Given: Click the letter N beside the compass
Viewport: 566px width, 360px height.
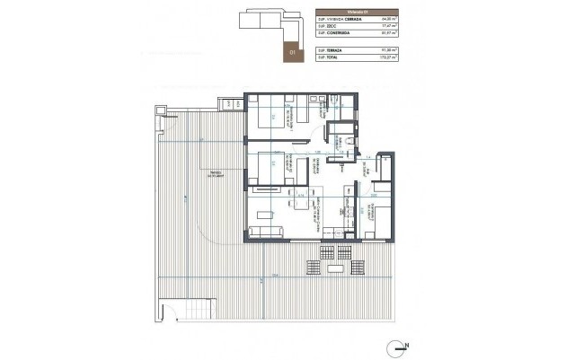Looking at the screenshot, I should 407,346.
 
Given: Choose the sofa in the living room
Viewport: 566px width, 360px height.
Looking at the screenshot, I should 267,233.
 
